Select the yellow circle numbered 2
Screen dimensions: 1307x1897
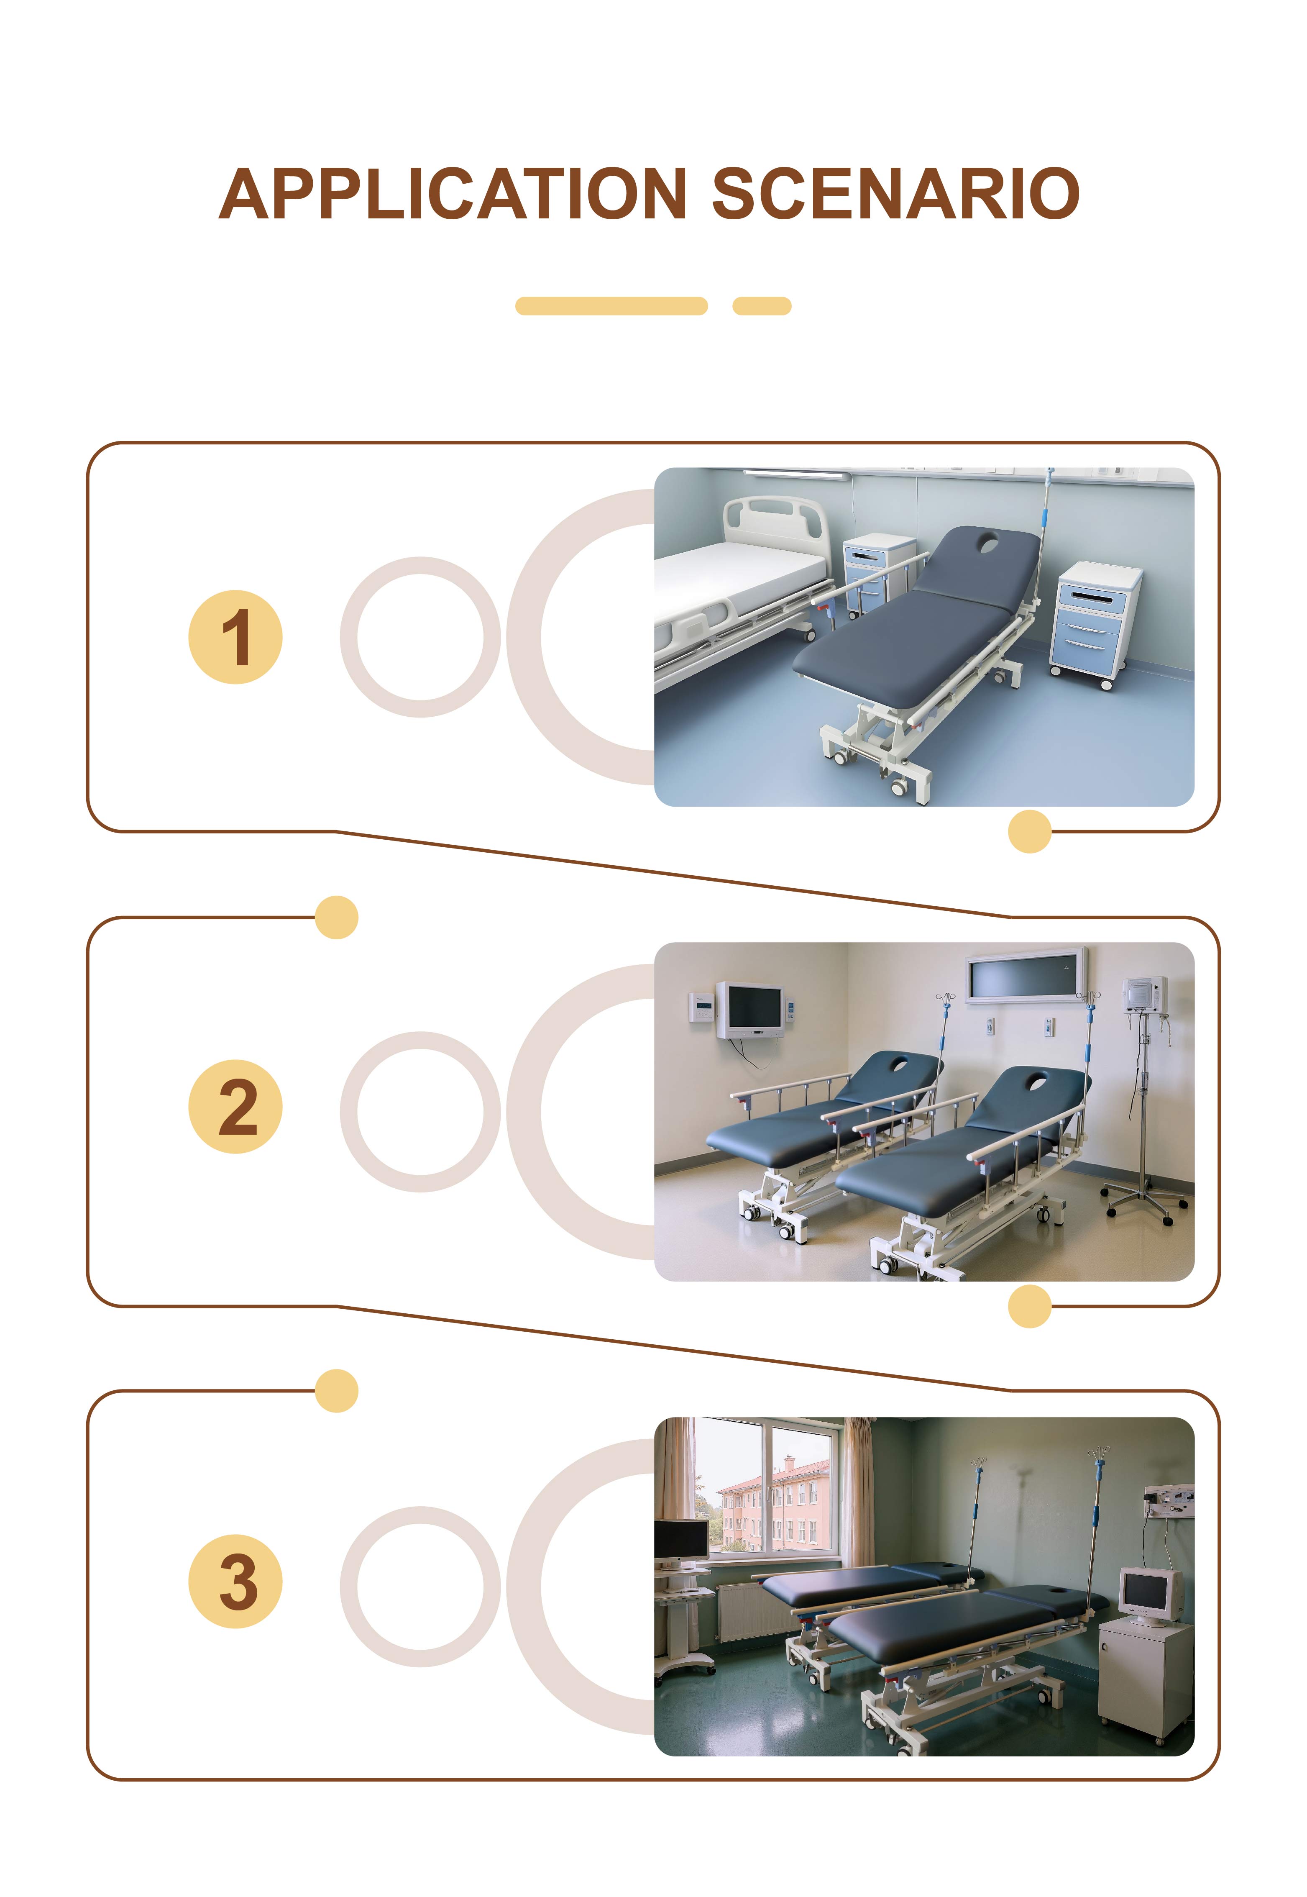pyautogui.click(x=236, y=1107)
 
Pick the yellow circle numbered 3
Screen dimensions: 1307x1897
pyautogui.click(x=236, y=1581)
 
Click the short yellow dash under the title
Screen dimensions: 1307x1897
pyautogui.click(x=762, y=305)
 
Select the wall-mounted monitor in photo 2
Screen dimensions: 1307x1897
pyautogui.click(x=750, y=1009)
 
